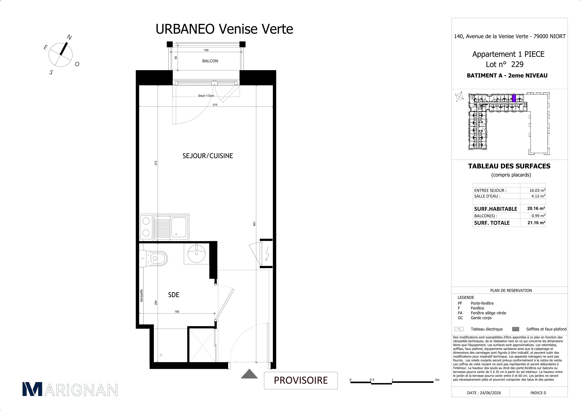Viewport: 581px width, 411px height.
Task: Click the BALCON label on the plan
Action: pos(210,61)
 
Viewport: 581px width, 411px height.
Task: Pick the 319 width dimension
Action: pos(215,105)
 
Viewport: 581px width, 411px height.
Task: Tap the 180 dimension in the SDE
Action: pos(177,312)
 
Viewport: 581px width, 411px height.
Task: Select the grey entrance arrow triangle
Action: pos(249,374)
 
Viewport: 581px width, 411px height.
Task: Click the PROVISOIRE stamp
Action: pos(301,380)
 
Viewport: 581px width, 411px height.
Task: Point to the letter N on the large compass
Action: pos(69,37)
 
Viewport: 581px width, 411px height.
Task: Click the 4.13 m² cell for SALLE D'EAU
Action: pos(538,196)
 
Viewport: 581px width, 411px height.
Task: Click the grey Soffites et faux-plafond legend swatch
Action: pos(516,329)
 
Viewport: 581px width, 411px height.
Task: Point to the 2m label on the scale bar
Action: pos(437,380)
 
